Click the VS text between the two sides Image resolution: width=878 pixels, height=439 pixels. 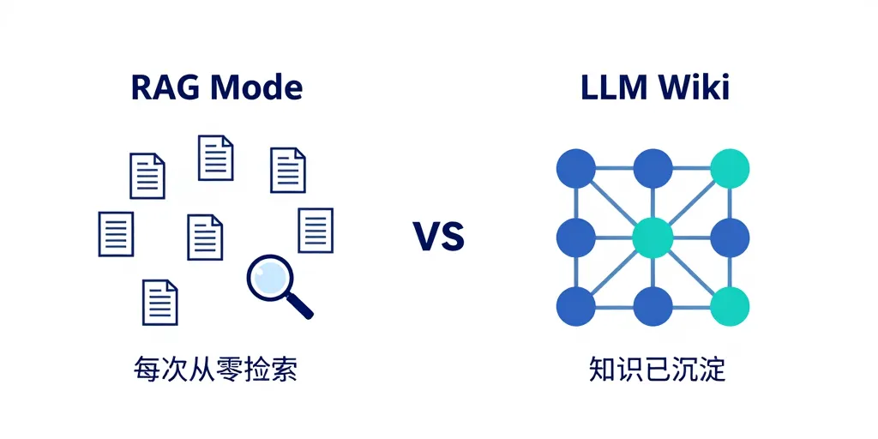(x=438, y=236)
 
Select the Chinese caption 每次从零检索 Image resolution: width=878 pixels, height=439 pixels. (x=215, y=370)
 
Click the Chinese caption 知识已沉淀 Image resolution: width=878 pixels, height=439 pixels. (x=657, y=370)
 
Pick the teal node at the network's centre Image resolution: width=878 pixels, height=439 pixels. (x=652, y=238)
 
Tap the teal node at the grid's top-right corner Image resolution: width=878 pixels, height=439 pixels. (x=730, y=168)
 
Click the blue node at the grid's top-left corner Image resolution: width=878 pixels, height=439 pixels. (x=576, y=168)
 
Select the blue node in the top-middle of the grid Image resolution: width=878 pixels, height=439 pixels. (x=652, y=168)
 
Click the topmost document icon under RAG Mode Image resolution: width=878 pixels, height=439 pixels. (x=216, y=158)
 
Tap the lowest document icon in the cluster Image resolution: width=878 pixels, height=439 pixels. (x=160, y=302)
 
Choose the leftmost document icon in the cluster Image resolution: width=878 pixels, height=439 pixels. (x=116, y=234)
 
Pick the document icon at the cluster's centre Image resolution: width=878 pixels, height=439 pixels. (x=205, y=237)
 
